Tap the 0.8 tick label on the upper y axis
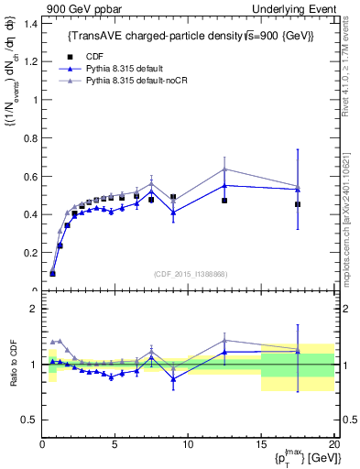[x=29, y=138]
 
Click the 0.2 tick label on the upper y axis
[x=29, y=253]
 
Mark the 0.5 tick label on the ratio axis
[x=29, y=420]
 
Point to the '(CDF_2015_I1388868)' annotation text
[x=188, y=273]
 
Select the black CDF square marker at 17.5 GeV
[x=298, y=204]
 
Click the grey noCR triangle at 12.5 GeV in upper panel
[x=224, y=169]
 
